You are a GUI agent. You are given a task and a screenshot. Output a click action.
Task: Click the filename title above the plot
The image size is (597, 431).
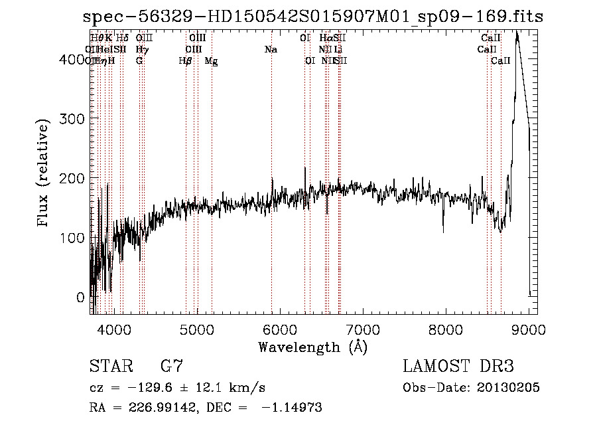pos(314,17)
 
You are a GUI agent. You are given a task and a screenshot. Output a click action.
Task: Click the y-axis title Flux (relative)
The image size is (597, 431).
pos(44,174)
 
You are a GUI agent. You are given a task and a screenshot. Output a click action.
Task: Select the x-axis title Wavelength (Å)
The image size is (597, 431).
pos(312,347)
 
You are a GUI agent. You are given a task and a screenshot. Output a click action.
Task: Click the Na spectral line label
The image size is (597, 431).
pos(271,50)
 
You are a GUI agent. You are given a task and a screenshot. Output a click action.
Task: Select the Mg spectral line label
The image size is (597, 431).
pos(211,61)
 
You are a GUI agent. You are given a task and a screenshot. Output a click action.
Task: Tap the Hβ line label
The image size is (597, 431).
pos(186,61)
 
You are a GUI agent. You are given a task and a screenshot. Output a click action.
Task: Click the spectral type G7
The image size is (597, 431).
pos(172,367)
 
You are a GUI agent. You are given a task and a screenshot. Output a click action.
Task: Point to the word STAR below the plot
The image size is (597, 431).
pos(109,367)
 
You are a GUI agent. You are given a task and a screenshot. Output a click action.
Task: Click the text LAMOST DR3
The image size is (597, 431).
pos(458,367)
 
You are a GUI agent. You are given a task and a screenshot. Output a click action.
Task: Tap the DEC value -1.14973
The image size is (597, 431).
pos(292,408)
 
